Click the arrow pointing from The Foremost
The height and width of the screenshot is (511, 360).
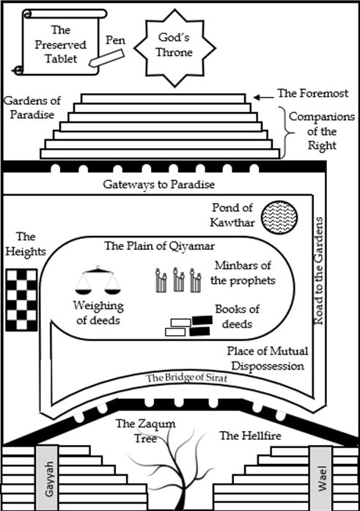(x=262, y=95)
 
